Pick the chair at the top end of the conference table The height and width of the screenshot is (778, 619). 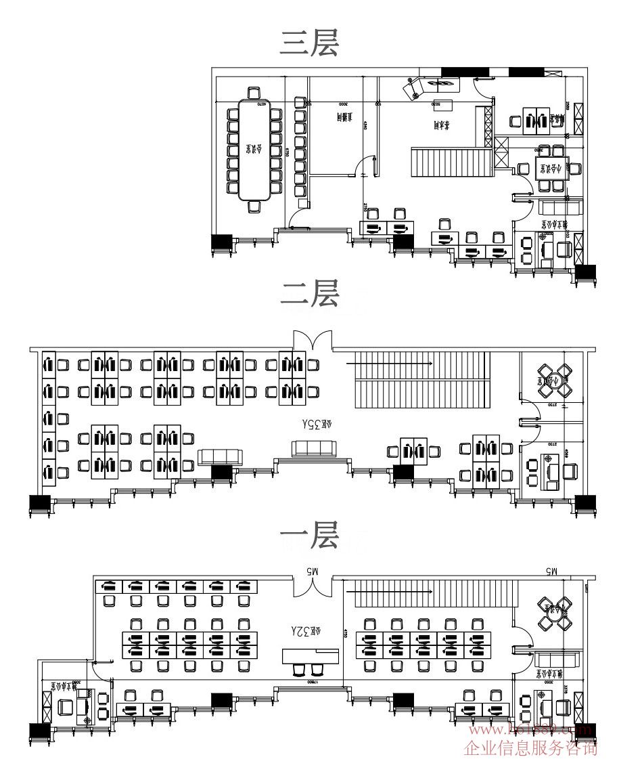(254, 93)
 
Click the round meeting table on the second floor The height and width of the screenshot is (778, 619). (554, 381)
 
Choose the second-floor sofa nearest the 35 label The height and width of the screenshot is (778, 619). (313, 448)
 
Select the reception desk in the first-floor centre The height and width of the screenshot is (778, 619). (311, 655)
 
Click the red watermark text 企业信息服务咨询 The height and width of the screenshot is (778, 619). (531, 748)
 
